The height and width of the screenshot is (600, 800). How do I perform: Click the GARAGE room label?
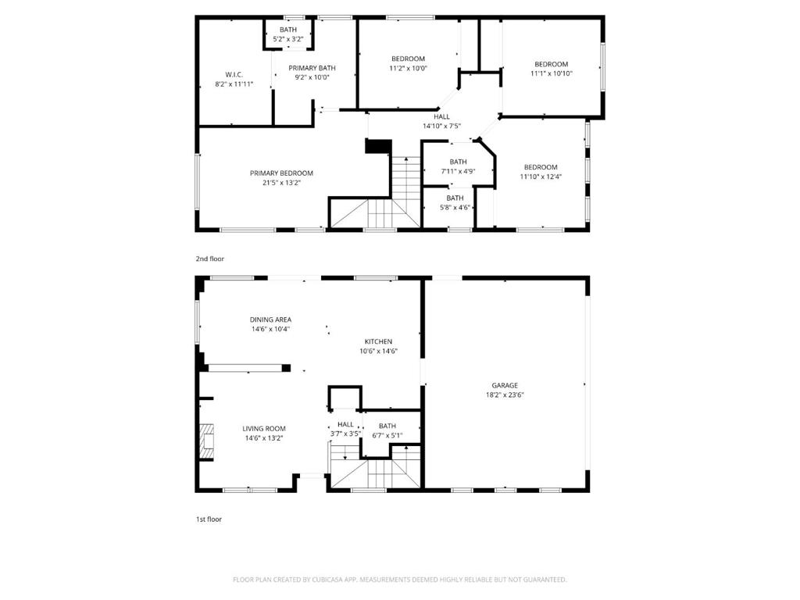point(505,385)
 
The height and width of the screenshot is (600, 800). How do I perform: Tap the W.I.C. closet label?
point(234,74)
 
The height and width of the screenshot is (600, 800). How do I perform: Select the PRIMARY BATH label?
point(312,68)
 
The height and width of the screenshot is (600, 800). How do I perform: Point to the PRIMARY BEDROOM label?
point(281,173)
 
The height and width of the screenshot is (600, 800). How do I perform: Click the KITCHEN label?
point(378,341)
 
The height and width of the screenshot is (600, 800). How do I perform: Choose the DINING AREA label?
point(270,320)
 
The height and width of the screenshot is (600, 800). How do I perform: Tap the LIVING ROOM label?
point(263,428)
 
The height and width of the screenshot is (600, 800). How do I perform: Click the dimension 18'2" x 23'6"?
point(505,395)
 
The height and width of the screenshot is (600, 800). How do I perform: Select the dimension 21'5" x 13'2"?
point(281,183)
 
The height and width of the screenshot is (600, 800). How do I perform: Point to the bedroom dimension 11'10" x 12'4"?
point(541,177)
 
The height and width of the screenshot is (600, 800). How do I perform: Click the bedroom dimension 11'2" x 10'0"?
point(408,68)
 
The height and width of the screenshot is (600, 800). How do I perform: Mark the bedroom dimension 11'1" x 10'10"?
point(551,73)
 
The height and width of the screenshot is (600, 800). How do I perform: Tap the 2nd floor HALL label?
point(441,116)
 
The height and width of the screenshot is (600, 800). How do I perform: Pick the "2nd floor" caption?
point(210,258)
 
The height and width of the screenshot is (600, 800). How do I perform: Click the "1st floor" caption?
point(209,519)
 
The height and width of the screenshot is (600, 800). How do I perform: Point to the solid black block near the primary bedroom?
point(377,146)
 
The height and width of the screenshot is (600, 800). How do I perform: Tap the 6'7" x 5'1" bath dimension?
point(387,435)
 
